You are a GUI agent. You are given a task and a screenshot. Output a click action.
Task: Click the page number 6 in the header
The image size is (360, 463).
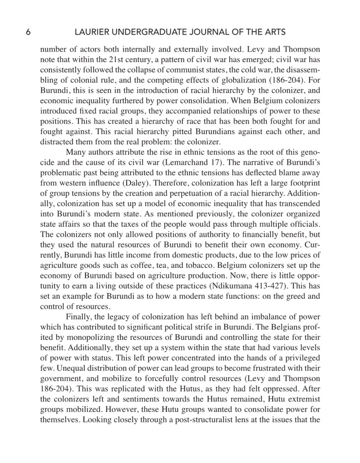click(x=28, y=32)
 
